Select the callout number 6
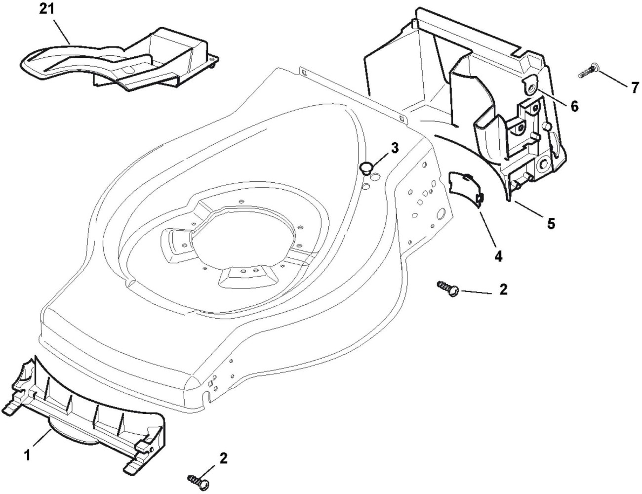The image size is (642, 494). tap(574, 106)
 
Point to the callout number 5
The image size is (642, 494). tap(550, 223)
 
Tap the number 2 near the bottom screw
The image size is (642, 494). tap(223, 458)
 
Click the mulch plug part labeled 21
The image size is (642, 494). tap(119, 62)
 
